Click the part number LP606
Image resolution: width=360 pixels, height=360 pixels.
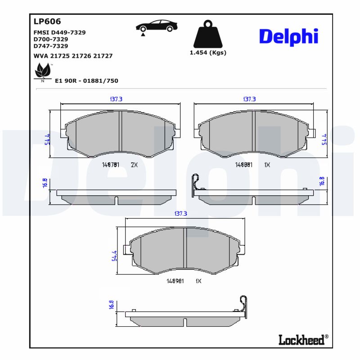pyautogui.click(x=47, y=21)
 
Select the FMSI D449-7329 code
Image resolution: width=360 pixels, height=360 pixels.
pyautogui.click(x=60, y=32)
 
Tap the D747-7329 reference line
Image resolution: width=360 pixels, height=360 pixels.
pyautogui.click(x=51, y=46)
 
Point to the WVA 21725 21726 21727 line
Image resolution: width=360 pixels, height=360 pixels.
pyautogui.click(x=73, y=56)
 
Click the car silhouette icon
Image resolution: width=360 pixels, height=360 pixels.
pyautogui.click(x=156, y=27)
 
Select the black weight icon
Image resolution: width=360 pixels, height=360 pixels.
pyautogui.click(x=207, y=34)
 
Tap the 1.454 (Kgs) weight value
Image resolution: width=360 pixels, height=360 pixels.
pyautogui.click(x=207, y=52)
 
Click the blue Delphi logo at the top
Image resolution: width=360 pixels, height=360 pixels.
pyautogui.click(x=288, y=37)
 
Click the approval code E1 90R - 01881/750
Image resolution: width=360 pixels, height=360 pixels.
pyautogui.click(x=86, y=81)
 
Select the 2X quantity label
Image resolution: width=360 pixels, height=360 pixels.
pyautogui.click(x=134, y=165)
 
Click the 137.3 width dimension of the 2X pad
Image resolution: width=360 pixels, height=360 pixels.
pyautogui.click(x=116, y=99)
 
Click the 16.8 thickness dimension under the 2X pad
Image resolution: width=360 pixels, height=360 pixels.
pyautogui.click(x=45, y=183)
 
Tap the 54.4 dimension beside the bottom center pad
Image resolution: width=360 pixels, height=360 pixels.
pyautogui.click(x=114, y=256)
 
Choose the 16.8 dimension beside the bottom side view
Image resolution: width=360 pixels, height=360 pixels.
pyautogui.click(x=111, y=305)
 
